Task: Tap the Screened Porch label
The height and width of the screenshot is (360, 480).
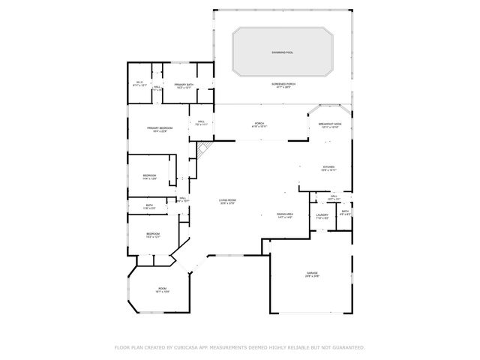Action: tap(283, 84)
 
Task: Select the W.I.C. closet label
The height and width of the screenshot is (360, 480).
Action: tap(139, 83)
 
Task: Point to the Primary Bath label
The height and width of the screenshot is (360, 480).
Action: tap(184, 85)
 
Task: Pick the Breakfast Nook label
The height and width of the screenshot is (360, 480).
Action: tap(330, 124)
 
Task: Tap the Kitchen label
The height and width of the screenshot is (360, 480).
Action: tap(328, 166)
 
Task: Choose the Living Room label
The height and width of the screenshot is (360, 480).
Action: tap(227, 199)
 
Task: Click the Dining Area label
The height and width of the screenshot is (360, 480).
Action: tap(284, 214)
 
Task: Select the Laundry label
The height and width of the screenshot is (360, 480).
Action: tap(322, 215)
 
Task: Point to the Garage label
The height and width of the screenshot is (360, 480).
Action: tap(312, 272)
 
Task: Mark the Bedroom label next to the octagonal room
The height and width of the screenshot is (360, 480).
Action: tap(153, 234)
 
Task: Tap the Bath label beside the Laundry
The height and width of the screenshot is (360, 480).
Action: tap(345, 211)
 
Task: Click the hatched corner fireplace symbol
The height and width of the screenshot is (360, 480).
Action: tap(201, 149)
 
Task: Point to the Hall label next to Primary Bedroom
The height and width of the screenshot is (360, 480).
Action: tap(202, 121)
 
